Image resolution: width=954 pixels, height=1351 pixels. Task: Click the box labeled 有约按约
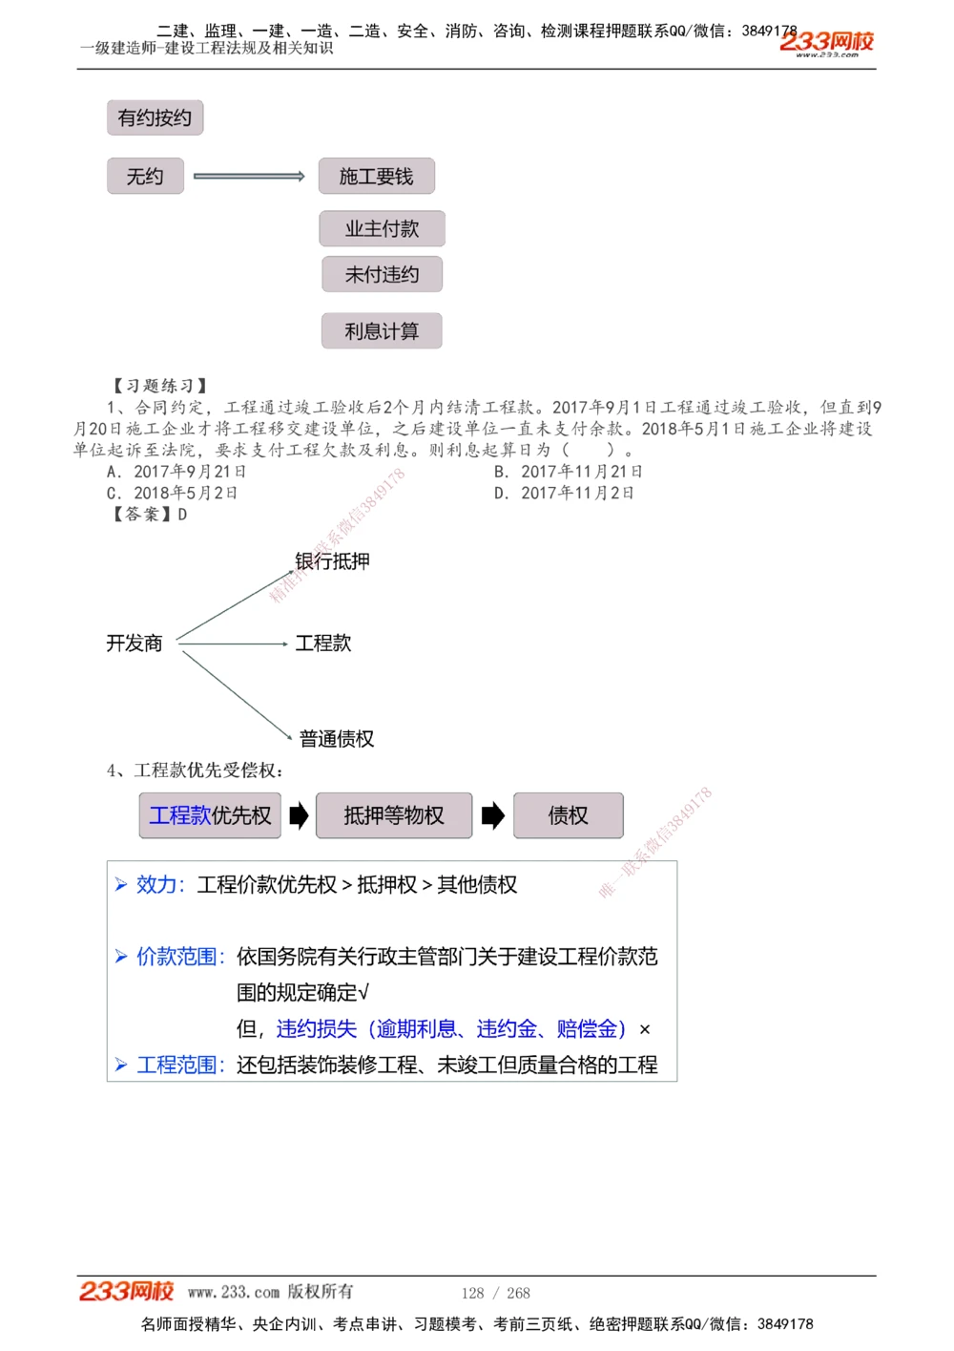[155, 117]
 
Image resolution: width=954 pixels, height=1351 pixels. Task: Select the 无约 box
[145, 176]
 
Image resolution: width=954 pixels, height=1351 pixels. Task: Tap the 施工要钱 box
[376, 176]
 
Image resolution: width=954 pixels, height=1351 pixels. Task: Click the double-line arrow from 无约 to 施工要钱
[249, 176]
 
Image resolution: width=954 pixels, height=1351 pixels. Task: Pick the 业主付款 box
[382, 228]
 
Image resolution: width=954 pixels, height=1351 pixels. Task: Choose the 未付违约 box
[382, 274]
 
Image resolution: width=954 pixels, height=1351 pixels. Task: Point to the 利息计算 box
[382, 330]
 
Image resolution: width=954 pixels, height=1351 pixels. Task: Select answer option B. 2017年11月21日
[569, 472]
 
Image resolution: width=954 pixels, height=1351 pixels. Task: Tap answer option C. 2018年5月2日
[173, 493]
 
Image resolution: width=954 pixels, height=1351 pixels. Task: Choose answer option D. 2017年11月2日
[564, 493]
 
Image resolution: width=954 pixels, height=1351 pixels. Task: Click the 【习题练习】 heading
[159, 386]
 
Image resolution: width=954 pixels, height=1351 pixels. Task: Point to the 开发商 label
[135, 644]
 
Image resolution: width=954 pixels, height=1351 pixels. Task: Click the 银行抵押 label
[332, 561]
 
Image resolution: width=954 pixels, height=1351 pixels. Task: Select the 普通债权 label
[336, 739]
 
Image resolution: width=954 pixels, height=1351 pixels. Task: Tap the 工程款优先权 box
[210, 815]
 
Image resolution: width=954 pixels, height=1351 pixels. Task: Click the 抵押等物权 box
[394, 815]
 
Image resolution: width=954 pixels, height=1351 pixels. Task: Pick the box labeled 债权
[569, 815]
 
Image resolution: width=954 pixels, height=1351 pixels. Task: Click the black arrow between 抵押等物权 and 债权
[492, 815]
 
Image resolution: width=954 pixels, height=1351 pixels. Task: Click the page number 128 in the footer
[472, 1293]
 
